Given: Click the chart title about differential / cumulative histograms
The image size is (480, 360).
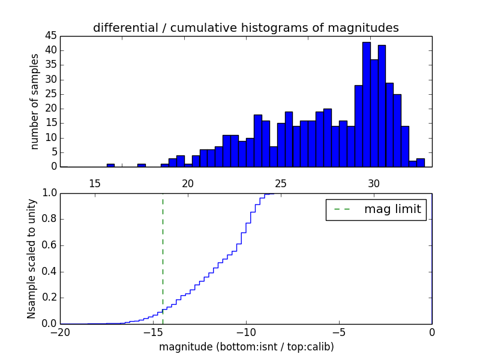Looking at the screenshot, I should tap(245, 28).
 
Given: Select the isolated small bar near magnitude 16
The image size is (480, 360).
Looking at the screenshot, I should tap(110, 165).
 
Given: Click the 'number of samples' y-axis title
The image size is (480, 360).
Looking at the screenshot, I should tap(35, 101).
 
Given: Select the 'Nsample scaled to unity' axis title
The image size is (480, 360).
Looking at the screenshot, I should tap(32, 259).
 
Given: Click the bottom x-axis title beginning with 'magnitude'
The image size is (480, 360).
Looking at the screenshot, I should tap(246, 347).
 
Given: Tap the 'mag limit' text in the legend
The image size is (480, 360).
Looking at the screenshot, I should tap(392, 209).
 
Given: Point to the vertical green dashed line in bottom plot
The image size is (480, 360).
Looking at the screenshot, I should tap(163, 252).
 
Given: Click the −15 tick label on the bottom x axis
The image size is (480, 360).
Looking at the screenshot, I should tap(152, 332).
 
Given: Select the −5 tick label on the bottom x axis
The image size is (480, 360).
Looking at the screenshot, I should tap(338, 332).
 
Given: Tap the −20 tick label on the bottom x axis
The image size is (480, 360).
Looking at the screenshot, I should tap(59, 332).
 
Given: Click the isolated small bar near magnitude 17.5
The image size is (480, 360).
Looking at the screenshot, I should tap(142, 165).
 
